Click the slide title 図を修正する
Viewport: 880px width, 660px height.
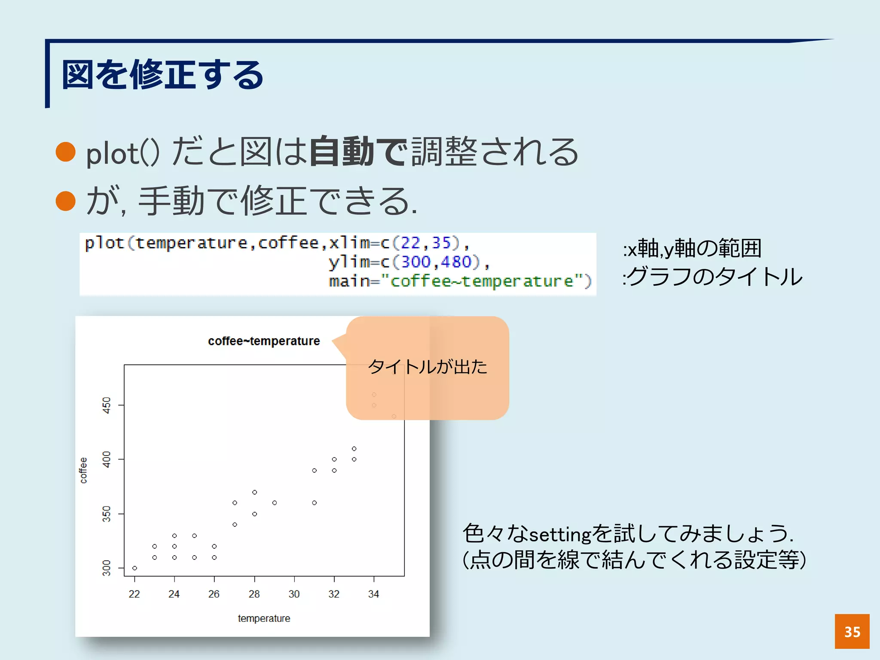[x=162, y=75]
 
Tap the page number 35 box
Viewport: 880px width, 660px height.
[x=852, y=631]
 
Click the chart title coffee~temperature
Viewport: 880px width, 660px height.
[x=264, y=341]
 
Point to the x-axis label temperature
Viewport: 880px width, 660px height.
[x=264, y=618]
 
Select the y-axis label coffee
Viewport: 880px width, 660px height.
[x=83, y=471]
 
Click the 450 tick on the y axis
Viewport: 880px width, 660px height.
[x=107, y=405]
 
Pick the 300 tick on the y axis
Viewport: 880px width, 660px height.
[x=107, y=568]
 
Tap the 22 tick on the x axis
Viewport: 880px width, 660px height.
[x=134, y=594]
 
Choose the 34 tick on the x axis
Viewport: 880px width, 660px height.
[x=373, y=594]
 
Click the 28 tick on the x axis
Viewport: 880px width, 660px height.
[x=254, y=594]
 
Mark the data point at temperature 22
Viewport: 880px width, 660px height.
[x=134, y=568]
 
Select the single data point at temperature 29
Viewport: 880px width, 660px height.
[x=275, y=503]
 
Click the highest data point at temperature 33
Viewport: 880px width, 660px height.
[x=354, y=449]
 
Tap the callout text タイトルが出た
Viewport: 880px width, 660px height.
[x=428, y=367]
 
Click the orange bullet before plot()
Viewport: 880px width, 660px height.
[x=66, y=152]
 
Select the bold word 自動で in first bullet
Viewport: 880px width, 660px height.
[x=357, y=152]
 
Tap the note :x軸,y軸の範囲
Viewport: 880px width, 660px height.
[x=692, y=248]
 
